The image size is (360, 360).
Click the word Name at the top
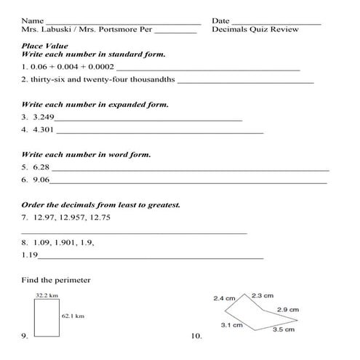pyautogui.click(x=32, y=21)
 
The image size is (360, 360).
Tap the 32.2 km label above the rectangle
pyautogui.click(x=47, y=295)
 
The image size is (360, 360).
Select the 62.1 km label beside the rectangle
pyautogui.click(x=73, y=316)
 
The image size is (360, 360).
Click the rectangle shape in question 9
pyautogui.click(x=46, y=318)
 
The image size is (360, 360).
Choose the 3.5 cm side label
pyautogui.click(x=283, y=329)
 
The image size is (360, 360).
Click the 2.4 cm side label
pyautogui.click(x=224, y=298)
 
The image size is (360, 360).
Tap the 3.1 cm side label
pyautogui.click(x=231, y=325)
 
